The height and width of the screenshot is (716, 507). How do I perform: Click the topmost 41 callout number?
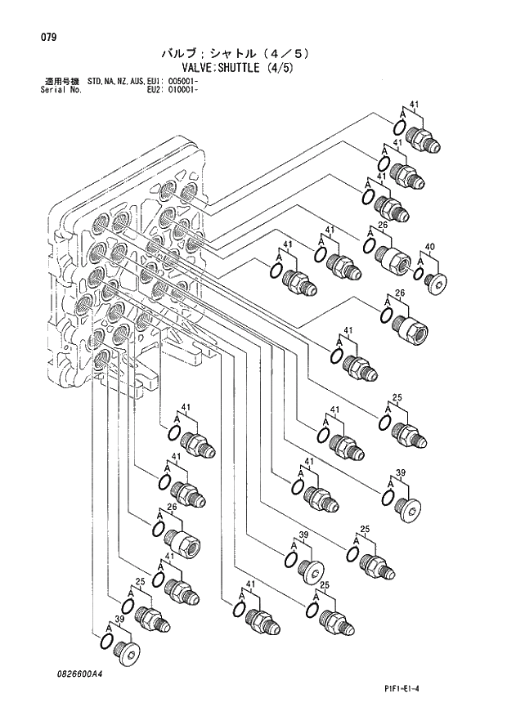tap(414, 105)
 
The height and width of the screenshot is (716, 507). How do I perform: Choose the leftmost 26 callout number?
tap(173, 507)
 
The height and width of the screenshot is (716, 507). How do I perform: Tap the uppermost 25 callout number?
tap(397, 398)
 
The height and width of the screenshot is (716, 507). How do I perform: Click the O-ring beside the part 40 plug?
tap(420, 278)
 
